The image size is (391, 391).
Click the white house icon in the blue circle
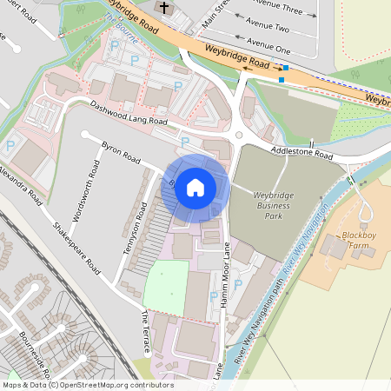coord(195,187)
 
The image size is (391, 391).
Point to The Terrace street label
coord(145,333)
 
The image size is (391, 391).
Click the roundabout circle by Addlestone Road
coord(238,135)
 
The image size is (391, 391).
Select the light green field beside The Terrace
coord(166,286)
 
